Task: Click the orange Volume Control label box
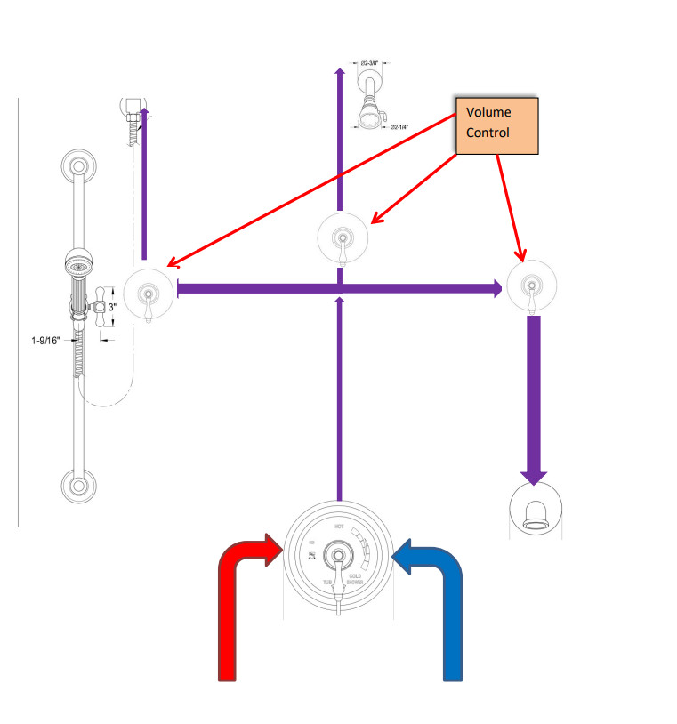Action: [x=496, y=125]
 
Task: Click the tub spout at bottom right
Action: [x=534, y=515]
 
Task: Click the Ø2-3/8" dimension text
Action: [x=371, y=64]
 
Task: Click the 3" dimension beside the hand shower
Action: [x=112, y=308]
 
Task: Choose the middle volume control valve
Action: [x=343, y=238]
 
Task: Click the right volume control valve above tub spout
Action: [x=532, y=286]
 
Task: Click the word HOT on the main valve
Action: [x=338, y=527]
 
